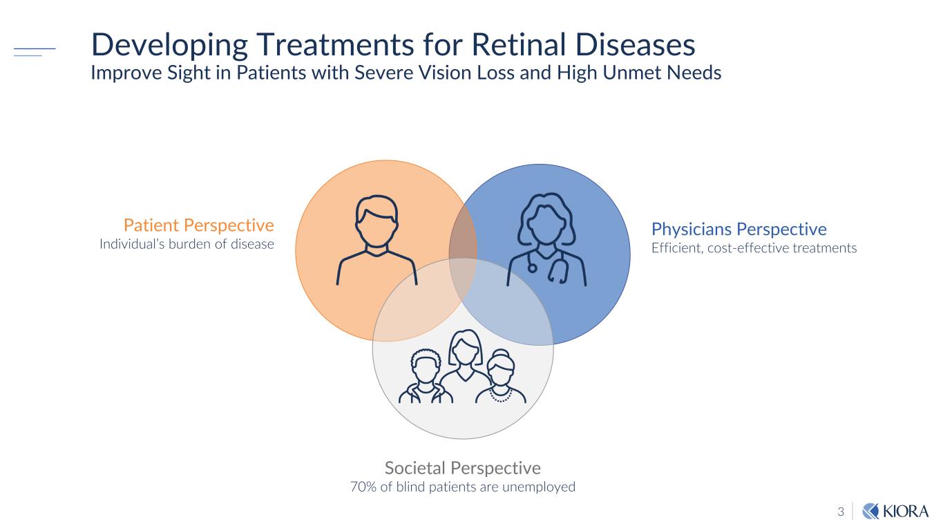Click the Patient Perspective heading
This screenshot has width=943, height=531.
coord(198,225)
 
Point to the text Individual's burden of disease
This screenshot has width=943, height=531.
coord(187,244)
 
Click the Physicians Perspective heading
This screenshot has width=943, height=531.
coord(739,229)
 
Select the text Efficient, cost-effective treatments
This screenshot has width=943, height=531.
coord(754,248)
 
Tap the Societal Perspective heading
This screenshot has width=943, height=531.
coord(462,468)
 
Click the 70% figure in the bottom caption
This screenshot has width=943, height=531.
coord(363,487)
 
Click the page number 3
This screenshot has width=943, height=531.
coord(841,512)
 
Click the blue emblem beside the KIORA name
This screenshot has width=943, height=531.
coord(871,512)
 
